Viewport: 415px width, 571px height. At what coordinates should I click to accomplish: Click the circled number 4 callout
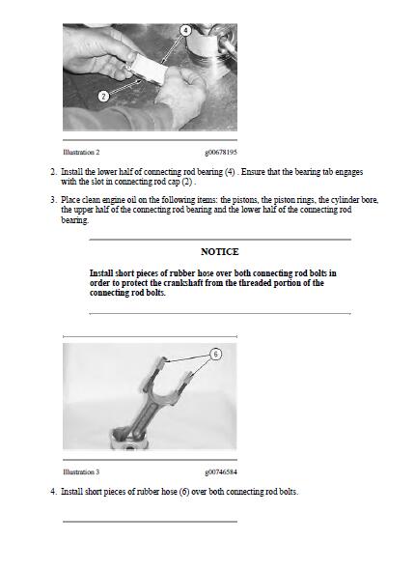point(186,30)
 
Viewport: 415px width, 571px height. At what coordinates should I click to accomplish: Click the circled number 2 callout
point(103,97)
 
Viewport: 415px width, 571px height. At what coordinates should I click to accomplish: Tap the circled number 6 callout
point(215,354)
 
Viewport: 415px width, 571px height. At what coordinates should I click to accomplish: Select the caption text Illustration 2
point(81,153)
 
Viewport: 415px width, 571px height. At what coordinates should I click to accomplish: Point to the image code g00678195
point(221,153)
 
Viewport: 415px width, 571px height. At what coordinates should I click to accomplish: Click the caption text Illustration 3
point(81,471)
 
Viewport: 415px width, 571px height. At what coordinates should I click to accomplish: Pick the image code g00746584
point(221,471)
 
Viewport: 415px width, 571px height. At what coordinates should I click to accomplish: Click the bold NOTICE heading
point(220,251)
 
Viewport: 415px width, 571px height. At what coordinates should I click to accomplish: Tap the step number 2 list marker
point(53,172)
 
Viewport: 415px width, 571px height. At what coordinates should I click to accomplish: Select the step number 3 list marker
point(53,200)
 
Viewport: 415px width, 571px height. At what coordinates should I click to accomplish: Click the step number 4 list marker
point(53,492)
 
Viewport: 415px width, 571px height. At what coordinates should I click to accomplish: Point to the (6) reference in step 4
point(184,492)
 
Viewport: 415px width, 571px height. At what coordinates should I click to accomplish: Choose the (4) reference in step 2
point(230,172)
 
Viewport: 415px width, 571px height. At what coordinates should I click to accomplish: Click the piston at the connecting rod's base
point(129,440)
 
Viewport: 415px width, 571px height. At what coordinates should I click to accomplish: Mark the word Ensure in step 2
point(253,172)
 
